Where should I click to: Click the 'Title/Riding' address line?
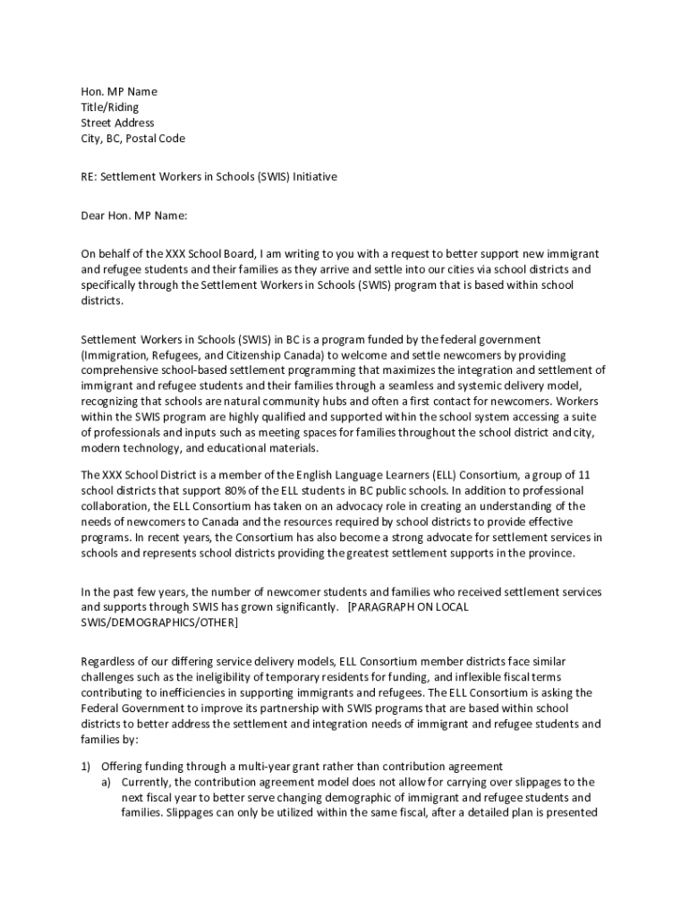[110, 107]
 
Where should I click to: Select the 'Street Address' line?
[117, 123]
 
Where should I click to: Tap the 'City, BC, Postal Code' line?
[133, 139]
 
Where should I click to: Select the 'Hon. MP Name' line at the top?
[119, 91]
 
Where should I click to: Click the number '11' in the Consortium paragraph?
[584, 475]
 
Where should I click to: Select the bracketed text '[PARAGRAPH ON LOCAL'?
[408, 607]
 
